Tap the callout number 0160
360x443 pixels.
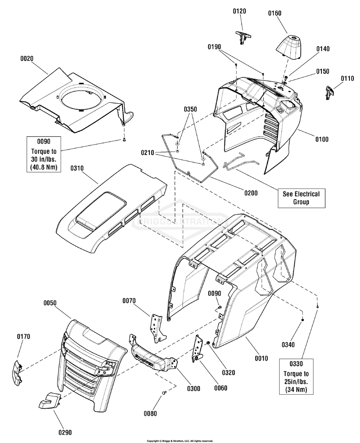click(275, 13)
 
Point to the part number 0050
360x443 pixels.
click(50, 303)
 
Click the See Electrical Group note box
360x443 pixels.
click(301, 198)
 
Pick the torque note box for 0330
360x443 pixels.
click(296, 376)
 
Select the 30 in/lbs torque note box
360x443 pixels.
click(44, 154)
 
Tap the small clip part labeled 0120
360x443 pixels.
click(243, 36)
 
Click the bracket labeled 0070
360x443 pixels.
click(156, 328)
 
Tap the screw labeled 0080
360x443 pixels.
click(164, 393)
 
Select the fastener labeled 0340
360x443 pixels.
click(302, 319)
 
